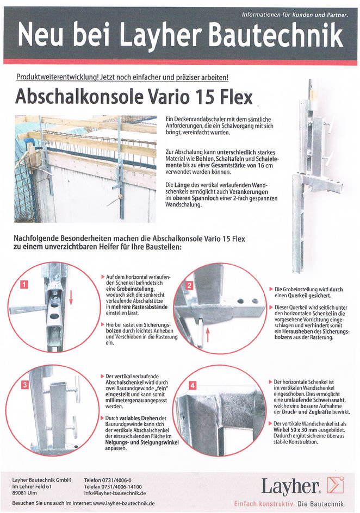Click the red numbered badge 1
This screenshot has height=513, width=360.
(24, 284)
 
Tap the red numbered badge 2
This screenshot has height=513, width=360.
(189, 285)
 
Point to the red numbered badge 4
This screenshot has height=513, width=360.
(193, 385)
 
